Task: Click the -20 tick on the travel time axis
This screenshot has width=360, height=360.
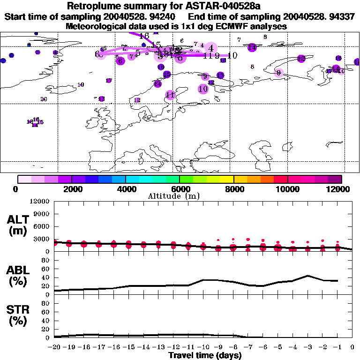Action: [x=54, y=347]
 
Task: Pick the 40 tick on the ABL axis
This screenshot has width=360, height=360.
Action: [x=46, y=277]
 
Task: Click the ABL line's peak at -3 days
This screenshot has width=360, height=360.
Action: [x=307, y=276]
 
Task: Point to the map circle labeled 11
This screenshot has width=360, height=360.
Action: [x=170, y=95]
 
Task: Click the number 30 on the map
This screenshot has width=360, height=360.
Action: [x=44, y=99]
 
